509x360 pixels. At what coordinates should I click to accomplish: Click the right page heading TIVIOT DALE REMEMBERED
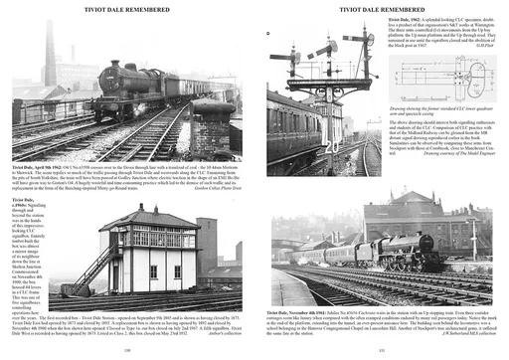383,7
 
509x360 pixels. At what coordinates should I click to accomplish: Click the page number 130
127,350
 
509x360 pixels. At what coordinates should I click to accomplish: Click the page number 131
383,350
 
